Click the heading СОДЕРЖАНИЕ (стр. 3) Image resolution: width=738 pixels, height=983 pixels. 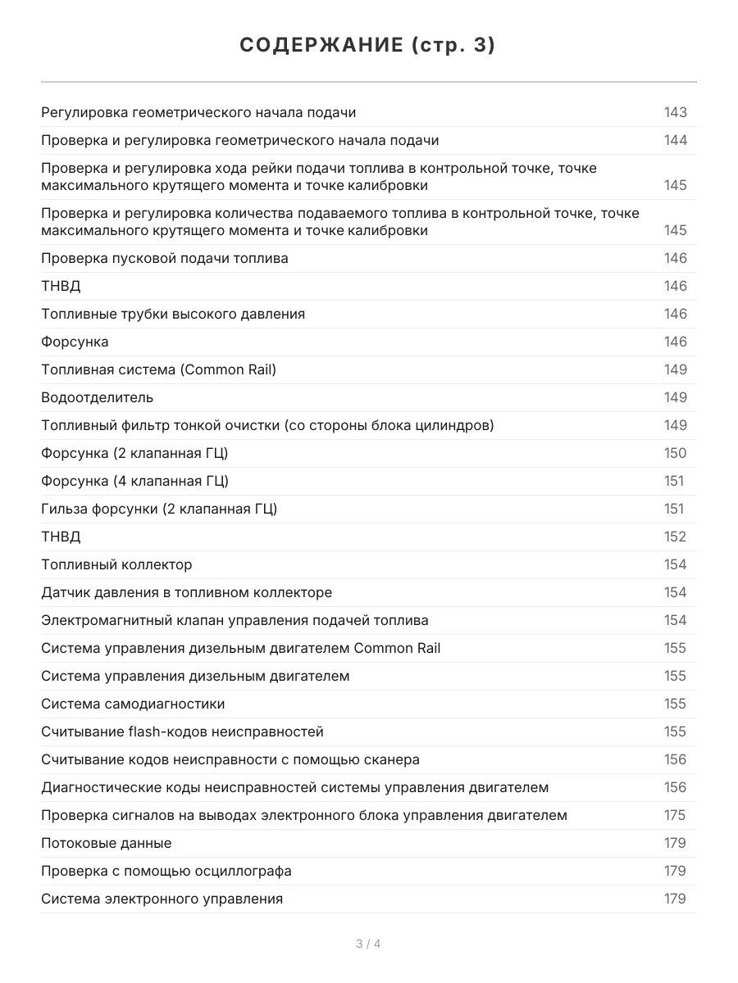pyautogui.click(x=368, y=46)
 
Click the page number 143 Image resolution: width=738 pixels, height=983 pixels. pyautogui.click(x=675, y=112)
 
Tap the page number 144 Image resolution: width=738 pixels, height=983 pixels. pyautogui.click(x=675, y=140)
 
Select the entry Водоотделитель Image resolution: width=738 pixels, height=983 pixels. pyautogui.click(x=97, y=397)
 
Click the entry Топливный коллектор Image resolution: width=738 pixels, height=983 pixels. pyautogui.click(x=116, y=564)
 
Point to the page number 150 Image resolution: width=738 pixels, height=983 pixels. pyautogui.click(x=675, y=453)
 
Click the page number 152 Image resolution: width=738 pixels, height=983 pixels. pyautogui.click(x=675, y=537)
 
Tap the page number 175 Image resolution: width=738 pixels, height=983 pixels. pyautogui.click(x=675, y=815)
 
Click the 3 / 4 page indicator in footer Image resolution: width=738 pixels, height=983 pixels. pyautogui.click(x=368, y=944)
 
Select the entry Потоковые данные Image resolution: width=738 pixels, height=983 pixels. pyautogui.click(x=107, y=843)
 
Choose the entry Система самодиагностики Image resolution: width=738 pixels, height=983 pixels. pyautogui.click(x=133, y=704)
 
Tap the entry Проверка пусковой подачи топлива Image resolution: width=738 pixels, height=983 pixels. pyautogui.click(x=165, y=258)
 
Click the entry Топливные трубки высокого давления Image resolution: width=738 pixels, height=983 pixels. pyautogui.click(x=173, y=314)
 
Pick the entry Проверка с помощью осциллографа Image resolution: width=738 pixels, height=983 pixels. pyautogui.click(x=166, y=871)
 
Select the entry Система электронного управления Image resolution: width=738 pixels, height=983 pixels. pyautogui.click(x=162, y=899)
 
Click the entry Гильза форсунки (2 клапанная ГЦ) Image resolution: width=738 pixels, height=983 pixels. pyautogui.click(x=159, y=509)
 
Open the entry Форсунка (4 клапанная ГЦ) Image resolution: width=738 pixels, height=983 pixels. pyautogui.click(x=134, y=481)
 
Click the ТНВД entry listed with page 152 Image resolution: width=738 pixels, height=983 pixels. pyautogui.click(x=61, y=537)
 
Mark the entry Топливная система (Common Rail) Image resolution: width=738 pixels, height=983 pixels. pyautogui.click(x=158, y=369)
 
